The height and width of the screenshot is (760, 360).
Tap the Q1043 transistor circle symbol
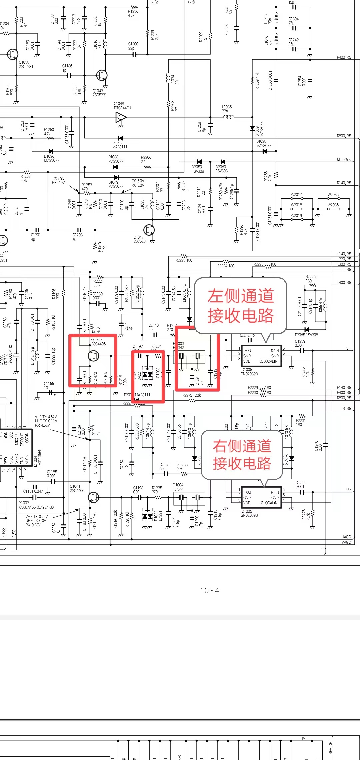(x=102, y=75)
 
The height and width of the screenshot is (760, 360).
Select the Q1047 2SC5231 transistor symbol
(x=149, y=230)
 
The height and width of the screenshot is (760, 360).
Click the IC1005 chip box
(x=261, y=356)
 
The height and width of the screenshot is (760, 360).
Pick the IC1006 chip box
(x=261, y=497)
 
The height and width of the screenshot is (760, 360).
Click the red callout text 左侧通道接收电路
(x=241, y=306)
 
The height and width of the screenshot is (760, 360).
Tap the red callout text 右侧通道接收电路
(x=242, y=455)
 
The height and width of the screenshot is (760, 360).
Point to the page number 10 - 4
(x=210, y=590)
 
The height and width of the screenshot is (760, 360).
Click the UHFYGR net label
(x=343, y=159)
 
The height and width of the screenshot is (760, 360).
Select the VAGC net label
(x=346, y=542)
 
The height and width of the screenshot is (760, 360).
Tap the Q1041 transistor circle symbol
(x=93, y=497)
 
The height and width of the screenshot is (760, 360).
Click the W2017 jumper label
(x=296, y=195)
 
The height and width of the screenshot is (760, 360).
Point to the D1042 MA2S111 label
(x=119, y=145)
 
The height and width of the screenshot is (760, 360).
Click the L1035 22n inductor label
(x=227, y=109)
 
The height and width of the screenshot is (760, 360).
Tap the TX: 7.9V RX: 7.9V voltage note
(x=58, y=180)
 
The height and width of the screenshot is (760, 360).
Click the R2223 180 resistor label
(x=184, y=260)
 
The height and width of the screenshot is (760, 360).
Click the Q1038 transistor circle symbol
(x=13, y=54)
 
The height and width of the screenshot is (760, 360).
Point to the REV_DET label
(x=330, y=747)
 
